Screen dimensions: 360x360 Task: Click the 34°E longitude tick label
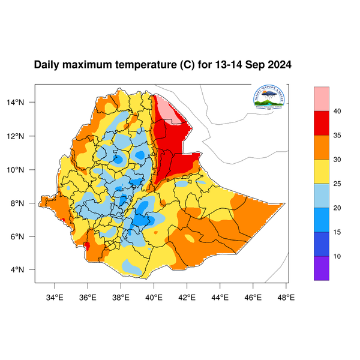(x=55, y=296)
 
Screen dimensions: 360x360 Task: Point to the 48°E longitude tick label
(x=286, y=296)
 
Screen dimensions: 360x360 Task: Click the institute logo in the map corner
(x=268, y=98)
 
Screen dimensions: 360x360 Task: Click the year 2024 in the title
(x=279, y=64)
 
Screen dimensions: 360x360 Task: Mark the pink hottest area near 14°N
(x=167, y=109)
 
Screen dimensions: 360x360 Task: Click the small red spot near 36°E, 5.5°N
(x=87, y=245)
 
